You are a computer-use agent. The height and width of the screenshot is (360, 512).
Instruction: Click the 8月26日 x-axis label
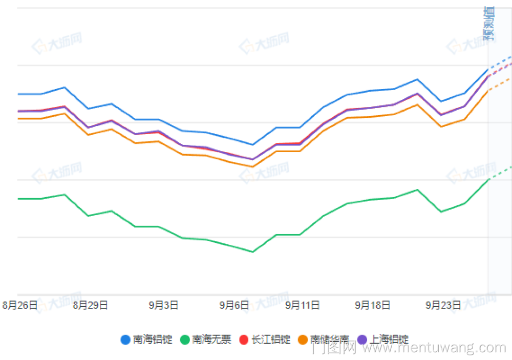click(20, 305)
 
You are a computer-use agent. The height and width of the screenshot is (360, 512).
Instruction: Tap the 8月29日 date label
click(91, 305)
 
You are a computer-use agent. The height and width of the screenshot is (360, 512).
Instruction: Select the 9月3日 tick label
click(164, 305)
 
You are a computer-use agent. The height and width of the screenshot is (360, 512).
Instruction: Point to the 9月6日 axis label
click(234, 305)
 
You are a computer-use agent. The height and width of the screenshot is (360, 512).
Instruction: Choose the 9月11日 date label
click(303, 305)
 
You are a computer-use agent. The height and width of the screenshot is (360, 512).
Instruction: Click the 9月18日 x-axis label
click(373, 305)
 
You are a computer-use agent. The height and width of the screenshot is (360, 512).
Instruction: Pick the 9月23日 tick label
click(443, 305)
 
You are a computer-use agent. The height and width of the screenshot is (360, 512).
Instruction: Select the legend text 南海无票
click(211, 340)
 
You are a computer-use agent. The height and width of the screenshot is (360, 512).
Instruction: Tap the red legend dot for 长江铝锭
click(244, 340)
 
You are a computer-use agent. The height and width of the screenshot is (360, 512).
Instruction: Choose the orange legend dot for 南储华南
click(303, 340)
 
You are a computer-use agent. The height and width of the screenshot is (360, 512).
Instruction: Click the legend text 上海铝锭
click(389, 340)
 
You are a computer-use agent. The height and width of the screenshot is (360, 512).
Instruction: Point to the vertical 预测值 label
click(489, 24)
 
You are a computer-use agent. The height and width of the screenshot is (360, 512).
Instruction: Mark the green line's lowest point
click(252, 252)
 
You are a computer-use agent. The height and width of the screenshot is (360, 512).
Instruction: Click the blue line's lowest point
click(252, 145)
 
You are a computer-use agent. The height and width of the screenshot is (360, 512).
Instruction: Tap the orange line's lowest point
click(252, 166)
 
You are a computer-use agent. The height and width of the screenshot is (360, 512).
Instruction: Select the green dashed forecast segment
click(501, 173)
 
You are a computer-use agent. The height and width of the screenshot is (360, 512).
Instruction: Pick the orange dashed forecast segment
click(501, 84)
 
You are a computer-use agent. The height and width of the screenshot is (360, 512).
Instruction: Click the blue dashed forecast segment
click(501, 62)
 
